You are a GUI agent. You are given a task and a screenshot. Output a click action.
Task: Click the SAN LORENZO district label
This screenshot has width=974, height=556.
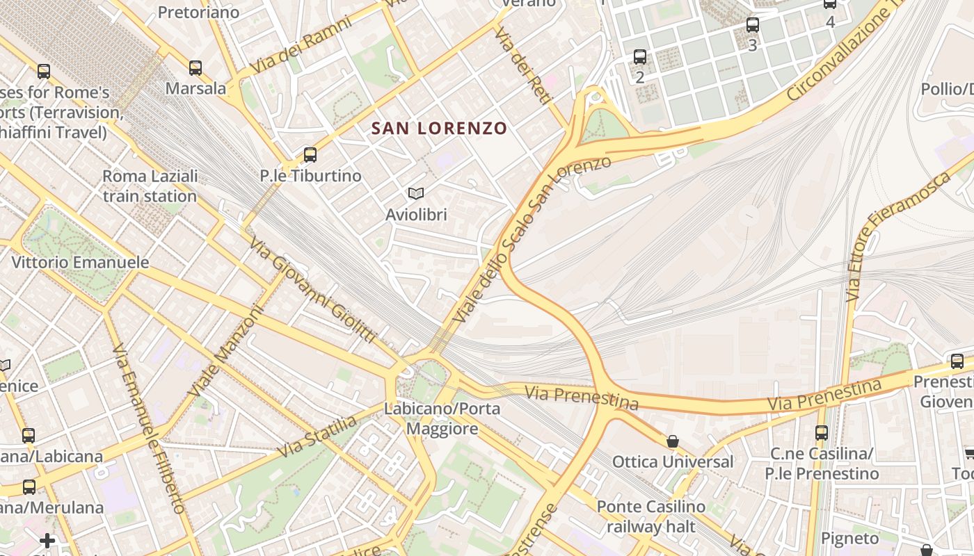[x=439, y=129]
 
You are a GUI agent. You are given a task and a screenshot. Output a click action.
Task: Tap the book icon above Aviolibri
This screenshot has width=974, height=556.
[x=416, y=194]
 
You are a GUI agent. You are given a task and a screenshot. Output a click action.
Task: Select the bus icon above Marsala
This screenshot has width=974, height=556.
[x=195, y=68]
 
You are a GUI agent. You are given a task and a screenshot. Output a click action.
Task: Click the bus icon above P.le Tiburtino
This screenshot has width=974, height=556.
[x=310, y=155]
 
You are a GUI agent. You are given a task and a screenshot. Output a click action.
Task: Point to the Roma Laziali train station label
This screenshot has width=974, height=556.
[x=150, y=186]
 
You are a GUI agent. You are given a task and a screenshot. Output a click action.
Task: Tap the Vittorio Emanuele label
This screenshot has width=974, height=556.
[x=81, y=263]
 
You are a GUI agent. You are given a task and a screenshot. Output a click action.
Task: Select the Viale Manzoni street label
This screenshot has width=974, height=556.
[x=226, y=352]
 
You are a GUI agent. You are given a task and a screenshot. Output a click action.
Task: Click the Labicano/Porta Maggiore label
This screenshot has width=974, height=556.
[x=442, y=418]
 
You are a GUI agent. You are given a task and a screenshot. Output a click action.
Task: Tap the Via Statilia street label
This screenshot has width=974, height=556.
[x=317, y=436]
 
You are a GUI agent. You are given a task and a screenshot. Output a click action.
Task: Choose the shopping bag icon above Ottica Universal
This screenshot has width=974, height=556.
[x=672, y=441]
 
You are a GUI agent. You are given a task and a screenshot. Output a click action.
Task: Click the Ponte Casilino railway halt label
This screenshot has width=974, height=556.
[x=650, y=516]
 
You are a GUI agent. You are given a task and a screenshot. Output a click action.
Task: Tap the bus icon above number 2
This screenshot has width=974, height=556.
[x=640, y=57]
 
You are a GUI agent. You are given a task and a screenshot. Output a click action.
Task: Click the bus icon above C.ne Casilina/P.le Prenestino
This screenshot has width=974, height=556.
[x=822, y=433]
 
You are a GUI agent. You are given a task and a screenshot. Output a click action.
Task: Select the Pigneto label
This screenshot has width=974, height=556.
[x=850, y=539]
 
